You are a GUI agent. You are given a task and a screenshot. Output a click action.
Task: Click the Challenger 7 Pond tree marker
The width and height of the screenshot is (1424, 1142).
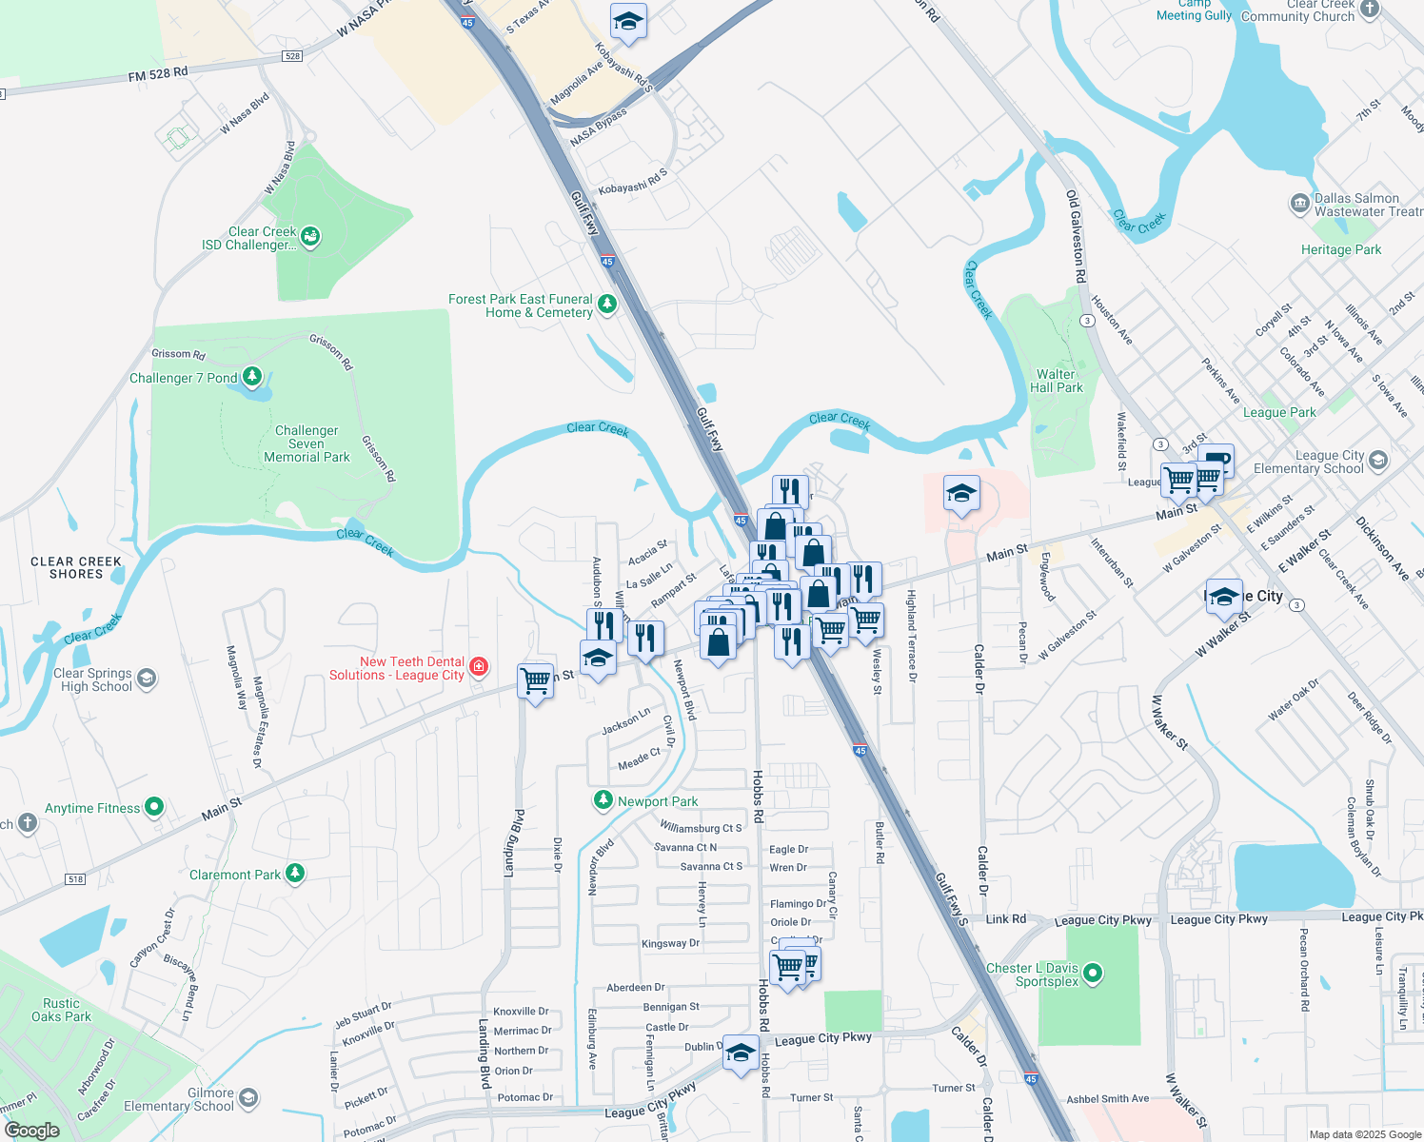click(252, 377)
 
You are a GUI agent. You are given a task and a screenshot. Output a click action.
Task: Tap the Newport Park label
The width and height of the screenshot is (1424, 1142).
click(658, 802)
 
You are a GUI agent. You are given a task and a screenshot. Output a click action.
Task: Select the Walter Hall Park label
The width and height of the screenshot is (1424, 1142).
click(1057, 381)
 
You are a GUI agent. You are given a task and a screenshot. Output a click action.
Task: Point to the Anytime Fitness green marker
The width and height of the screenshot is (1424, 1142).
click(154, 807)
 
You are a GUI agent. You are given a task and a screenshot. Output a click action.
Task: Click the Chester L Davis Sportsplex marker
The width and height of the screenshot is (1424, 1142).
click(1093, 973)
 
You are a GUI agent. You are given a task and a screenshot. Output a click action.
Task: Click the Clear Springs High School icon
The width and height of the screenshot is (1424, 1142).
click(147, 679)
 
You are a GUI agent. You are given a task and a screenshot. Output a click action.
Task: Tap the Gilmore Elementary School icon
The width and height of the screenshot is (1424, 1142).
click(247, 1098)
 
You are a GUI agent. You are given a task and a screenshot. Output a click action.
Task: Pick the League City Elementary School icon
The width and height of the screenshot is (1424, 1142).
click(1378, 461)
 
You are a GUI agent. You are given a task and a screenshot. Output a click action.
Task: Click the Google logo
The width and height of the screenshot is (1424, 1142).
click(32, 1131)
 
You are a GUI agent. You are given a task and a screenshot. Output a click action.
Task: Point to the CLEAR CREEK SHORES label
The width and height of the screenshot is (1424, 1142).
click(76, 568)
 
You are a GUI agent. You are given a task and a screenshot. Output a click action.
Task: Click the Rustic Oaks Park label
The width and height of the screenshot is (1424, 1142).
click(62, 1010)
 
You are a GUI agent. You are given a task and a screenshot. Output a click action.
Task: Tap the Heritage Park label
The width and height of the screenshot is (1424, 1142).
click(1341, 249)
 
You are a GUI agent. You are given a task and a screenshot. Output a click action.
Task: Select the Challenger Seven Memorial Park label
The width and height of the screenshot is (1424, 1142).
click(307, 444)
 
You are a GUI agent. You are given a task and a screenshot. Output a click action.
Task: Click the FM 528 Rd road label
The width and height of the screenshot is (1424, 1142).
click(158, 74)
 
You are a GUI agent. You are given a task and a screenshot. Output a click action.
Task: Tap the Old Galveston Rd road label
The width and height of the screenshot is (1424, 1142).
click(1076, 237)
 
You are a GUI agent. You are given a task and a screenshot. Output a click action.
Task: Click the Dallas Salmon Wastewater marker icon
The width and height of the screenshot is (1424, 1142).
click(1299, 203)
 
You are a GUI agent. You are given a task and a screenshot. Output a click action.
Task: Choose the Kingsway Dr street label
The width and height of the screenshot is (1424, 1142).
click(670, 944)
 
